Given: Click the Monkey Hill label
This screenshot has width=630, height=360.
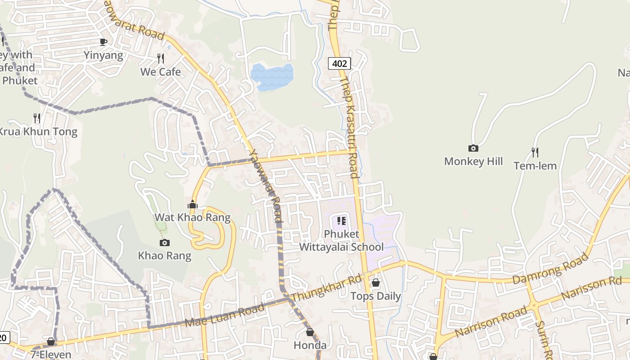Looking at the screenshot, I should [473, 161].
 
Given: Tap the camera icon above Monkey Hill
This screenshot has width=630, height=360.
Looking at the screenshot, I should [473, 148].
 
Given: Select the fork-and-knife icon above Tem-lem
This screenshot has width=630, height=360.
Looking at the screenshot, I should [535, 153].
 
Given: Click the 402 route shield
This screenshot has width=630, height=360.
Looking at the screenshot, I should [339, 63].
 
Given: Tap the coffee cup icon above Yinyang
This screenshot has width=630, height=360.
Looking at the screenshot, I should [103, 42].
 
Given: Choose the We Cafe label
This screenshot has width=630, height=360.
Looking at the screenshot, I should [160, 72].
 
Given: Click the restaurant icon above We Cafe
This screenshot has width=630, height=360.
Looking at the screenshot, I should [160, 58].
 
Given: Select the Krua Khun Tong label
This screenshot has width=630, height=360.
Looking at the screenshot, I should [38, 132].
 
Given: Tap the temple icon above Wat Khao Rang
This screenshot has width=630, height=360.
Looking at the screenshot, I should [193, 205].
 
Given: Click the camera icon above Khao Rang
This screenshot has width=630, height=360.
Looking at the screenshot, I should [165, 243].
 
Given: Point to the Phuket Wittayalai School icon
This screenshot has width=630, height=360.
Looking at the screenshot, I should [342, 221].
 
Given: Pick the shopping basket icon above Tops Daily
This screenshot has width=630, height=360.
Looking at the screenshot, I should [375, 283].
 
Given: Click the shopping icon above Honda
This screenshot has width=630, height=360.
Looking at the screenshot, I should [310, 333].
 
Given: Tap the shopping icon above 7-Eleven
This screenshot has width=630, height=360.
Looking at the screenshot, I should [51, 342].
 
